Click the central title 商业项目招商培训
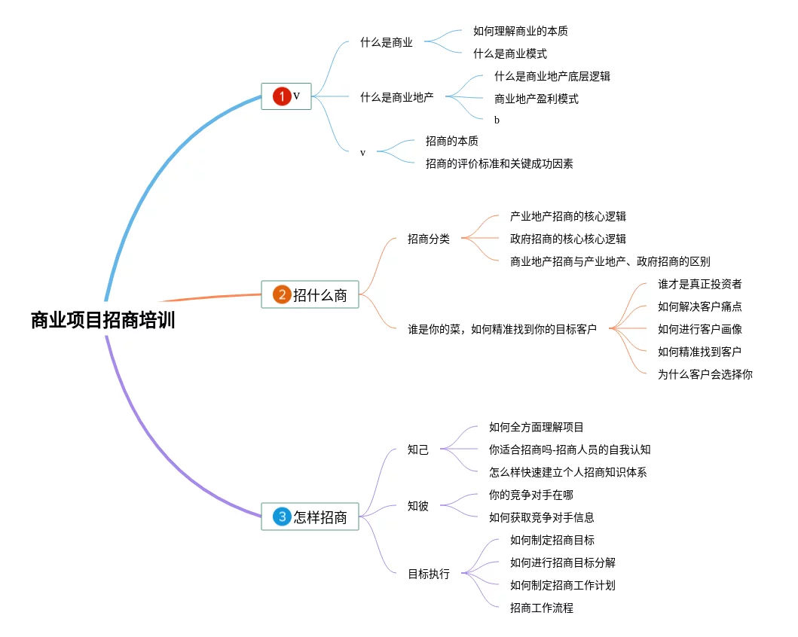103,320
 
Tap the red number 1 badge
281,96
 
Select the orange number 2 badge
281,294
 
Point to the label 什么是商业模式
509,53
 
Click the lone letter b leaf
497,120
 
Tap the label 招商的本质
451,141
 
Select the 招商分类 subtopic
428,239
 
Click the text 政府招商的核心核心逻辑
567,239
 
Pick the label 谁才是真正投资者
699,284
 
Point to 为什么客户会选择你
705,373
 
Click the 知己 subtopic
417,450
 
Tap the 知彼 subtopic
417,506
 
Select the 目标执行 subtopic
428,574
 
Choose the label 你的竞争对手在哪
530,495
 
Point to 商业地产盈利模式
536,99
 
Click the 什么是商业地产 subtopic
396,96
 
